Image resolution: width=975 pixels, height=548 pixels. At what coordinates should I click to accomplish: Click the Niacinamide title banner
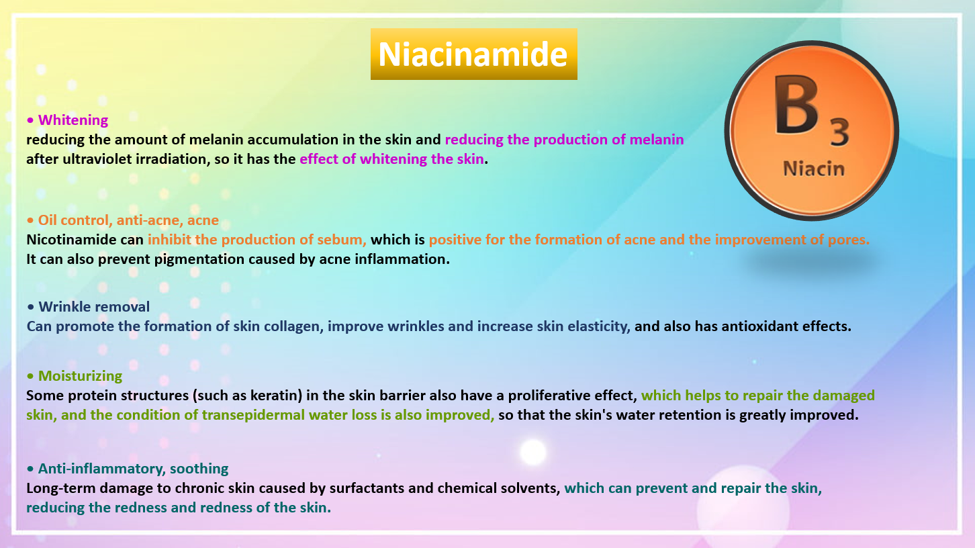click(x=473, y=54)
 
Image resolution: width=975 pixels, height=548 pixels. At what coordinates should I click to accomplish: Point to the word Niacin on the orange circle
click(x=814, y=169)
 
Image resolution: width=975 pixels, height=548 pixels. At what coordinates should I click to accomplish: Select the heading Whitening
click(x=73, y=120)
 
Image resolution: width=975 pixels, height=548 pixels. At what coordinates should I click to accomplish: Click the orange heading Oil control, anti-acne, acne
click(x=128, y=220)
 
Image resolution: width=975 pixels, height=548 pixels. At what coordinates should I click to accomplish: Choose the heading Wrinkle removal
click(x=94, y=306)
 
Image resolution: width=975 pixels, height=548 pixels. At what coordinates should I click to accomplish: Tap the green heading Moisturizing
click(x=80, y=375)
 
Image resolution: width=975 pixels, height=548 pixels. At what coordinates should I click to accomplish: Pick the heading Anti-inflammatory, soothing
click(x=133, y=468)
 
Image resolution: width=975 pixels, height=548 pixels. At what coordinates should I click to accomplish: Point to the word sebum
click(x=343, y=239)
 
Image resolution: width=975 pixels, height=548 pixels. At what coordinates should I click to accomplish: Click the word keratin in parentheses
click(x=276, y=396)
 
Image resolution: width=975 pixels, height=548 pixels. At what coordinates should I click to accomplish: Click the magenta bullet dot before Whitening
click(x=30, y=120)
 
